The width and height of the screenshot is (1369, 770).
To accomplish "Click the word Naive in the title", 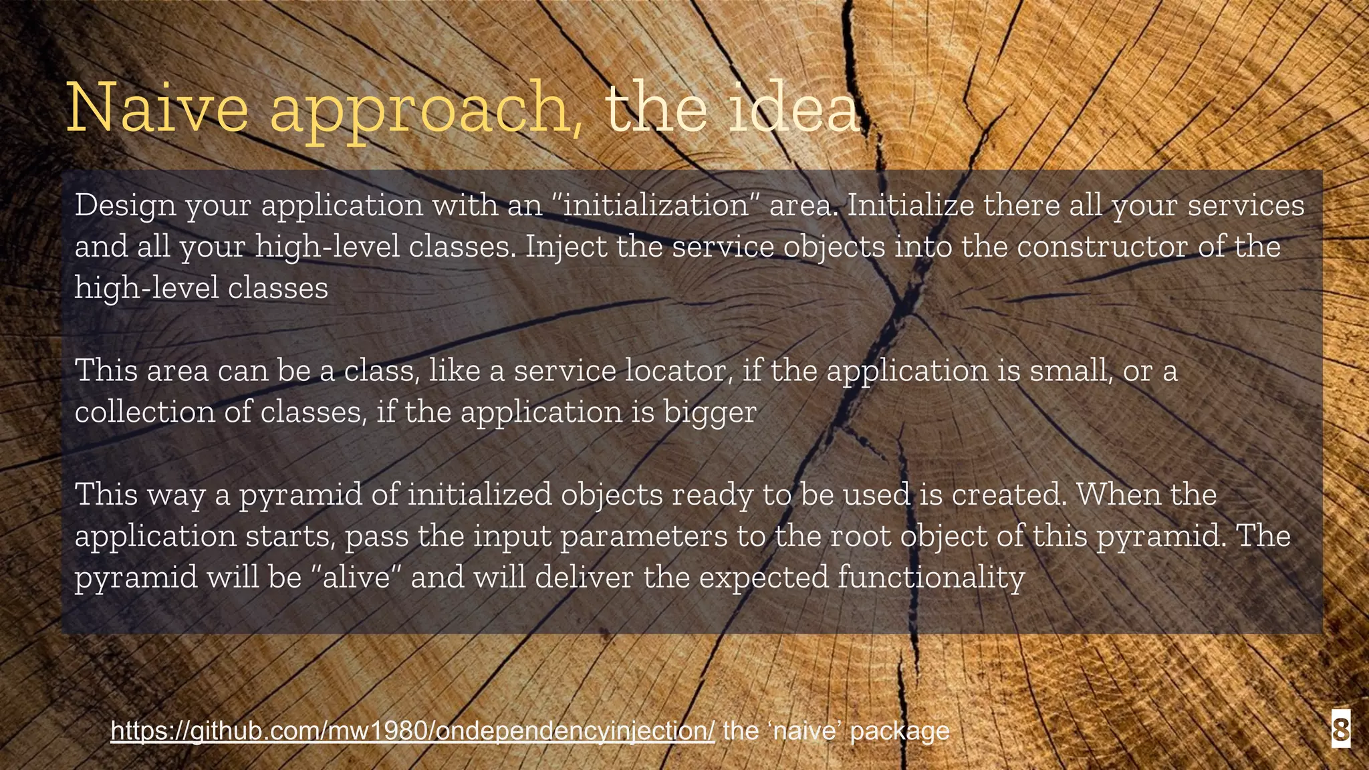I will tap(158, 108).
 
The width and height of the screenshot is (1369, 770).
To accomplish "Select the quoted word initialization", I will tap(656, 205).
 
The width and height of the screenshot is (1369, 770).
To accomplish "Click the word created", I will tap(1009, 495).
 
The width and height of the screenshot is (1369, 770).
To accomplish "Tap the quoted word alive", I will tap(356, 577).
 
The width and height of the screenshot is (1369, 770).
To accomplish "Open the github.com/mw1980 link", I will tap(412, 731).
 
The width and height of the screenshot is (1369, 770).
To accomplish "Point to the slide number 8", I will tap(1340, 729).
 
